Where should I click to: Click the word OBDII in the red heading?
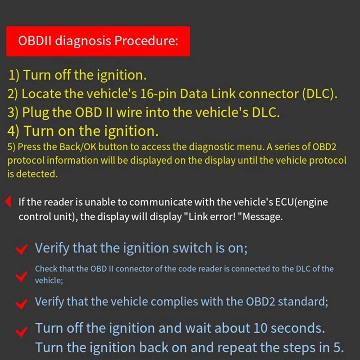[x=35, y=41]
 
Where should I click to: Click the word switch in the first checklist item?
[x=188, y=248]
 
